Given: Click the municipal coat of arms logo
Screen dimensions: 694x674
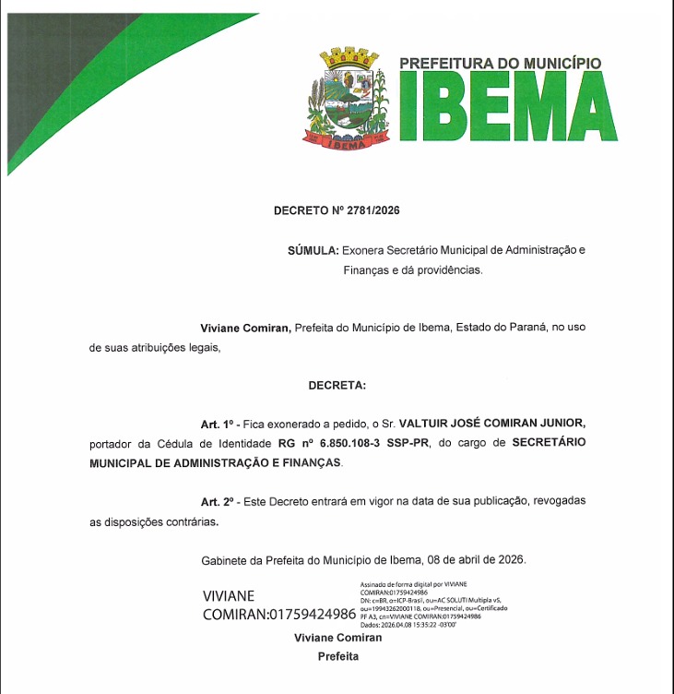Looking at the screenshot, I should coord(349,100).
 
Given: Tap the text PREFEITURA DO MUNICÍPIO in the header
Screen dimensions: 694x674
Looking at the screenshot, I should coord(500,64).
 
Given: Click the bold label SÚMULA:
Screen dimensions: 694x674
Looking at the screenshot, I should coord(313,250).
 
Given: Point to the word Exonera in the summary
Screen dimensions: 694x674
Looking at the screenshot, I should coord(366,250).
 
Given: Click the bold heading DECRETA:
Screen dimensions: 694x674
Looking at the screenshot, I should coord(337,384).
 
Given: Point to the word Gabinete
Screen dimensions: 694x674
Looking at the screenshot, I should coord(225,560).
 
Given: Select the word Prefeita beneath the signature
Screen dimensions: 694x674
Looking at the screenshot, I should coord(337,657).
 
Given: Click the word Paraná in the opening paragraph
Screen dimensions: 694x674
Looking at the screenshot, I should coord(528,328).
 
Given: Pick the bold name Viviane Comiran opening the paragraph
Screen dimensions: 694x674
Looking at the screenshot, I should coord(245,328).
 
